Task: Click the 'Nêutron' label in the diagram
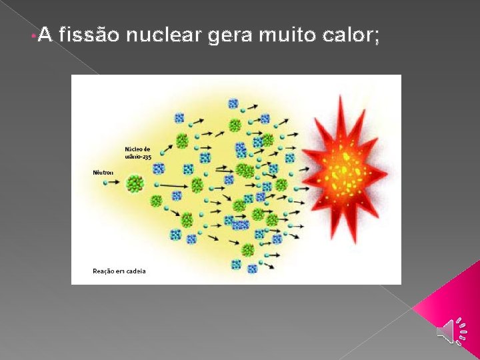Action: point(103,173)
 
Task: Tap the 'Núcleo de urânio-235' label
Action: point(138,153)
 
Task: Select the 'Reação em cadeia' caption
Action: point(119,271)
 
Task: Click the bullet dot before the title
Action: point(33,35)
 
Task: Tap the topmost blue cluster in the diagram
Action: point(233,103)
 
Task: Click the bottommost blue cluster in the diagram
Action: point(252,269)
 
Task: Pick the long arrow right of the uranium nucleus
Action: point(171,185)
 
